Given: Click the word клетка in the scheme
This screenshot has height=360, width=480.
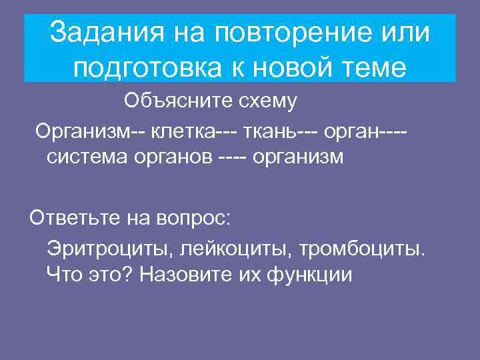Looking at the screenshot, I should tap(182, 131).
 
